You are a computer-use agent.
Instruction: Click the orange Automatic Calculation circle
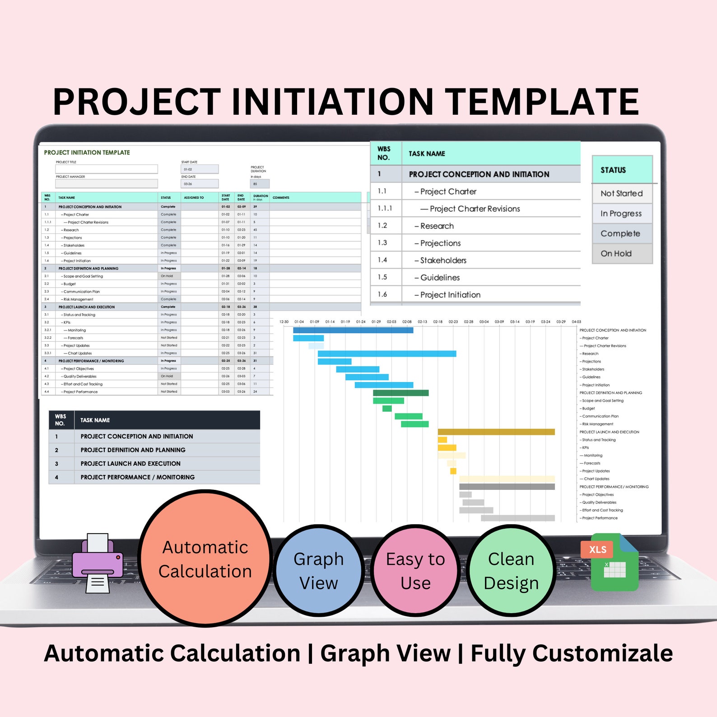click(x=205, y=559)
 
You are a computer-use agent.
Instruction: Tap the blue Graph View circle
click(x=319, y=571)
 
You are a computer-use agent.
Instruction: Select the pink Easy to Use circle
click(x=415, y=571)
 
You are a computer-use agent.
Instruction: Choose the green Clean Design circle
click(x=511, y=571)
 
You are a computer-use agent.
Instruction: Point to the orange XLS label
click(x=597, y=549)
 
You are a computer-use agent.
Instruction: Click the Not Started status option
click(x=622, y=193)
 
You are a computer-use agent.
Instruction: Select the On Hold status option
click(x=616, y=254)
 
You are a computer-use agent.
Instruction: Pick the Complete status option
click(x=620, y=233)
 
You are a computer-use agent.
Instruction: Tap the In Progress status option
click(x=621, y=214)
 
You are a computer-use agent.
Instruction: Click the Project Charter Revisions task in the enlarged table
click(x=475, y=209)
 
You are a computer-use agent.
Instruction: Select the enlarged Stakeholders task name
click(x=443, y=261)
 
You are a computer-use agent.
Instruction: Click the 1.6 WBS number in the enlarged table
click(x=382, y=294)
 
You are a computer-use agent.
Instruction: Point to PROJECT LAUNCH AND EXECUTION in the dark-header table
click(x=130, y=464)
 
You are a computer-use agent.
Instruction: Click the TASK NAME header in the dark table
click(x=95, y=420)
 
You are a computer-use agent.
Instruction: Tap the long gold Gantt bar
click(x=496, y=432)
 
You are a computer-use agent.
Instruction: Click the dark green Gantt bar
click(x=400, y=393)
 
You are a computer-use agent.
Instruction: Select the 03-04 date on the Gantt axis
click(x=484, y=322)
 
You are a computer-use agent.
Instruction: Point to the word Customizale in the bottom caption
click(x=572, y=653)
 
